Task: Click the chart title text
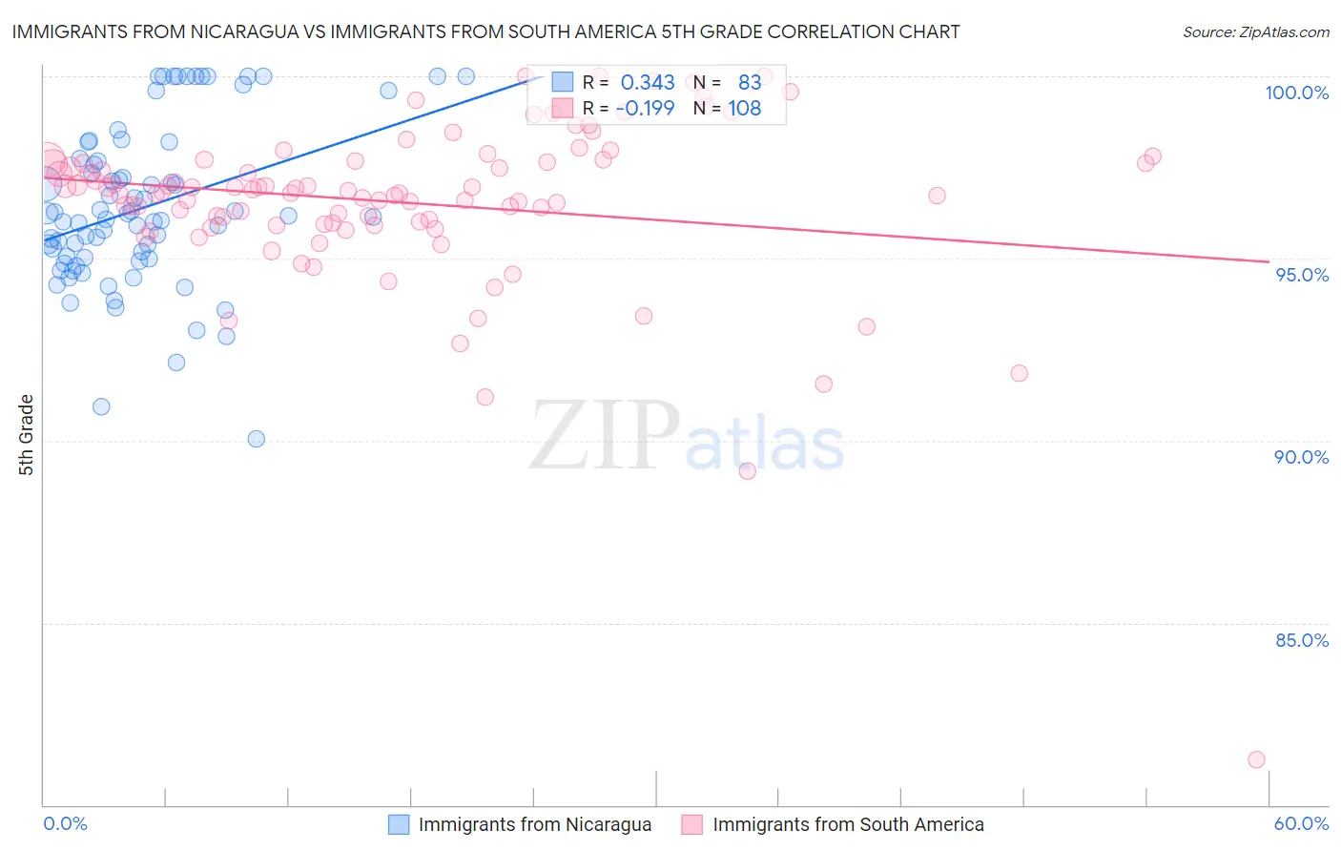point(485,31)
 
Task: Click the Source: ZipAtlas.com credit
point(1255,31)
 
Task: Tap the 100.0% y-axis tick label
point(1296,93)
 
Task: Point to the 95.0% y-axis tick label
point(1302,275)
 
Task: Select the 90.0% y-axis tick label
point(1301,457)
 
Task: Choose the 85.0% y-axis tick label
point(1302,640)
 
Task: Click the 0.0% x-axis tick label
point(65,823)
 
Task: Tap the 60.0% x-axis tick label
point(1301,823)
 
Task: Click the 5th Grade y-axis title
point(27,435)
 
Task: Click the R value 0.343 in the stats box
point(648,83)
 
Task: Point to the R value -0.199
point(645,108)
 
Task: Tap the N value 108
point(745,108)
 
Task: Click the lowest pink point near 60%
point(1256,759)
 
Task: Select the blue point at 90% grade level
point(256,439)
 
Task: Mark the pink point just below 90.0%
point(747,471)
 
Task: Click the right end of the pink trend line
point(1269,261)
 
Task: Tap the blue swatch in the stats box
point(563,83)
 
